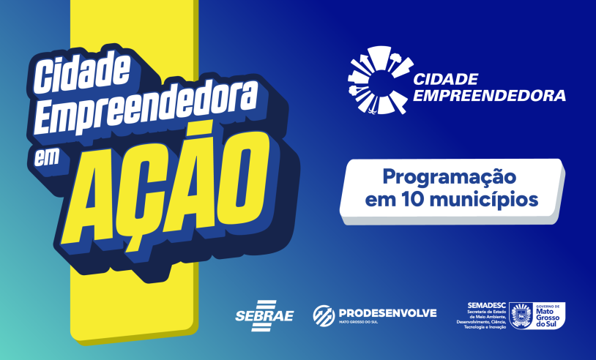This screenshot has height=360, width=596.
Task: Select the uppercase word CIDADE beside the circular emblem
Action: (446, 78)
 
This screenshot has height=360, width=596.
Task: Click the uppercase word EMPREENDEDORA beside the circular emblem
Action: (490, 95)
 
